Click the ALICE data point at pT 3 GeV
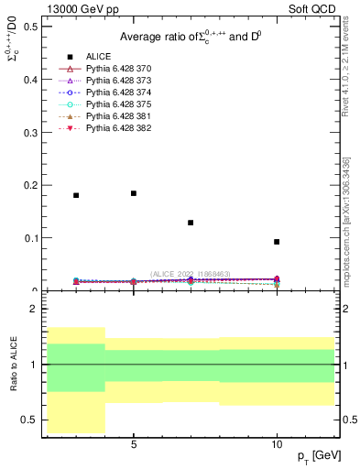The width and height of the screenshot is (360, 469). point(76,195)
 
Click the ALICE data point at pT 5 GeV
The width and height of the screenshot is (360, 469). point(134,193)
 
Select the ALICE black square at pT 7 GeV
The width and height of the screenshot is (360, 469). point(191,223)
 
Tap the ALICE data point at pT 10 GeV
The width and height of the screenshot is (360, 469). point(277,242)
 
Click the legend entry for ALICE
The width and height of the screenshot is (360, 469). point(97,56)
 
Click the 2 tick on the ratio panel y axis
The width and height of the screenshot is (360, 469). point(35,309)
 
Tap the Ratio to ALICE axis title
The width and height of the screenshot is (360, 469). point(14,364)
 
